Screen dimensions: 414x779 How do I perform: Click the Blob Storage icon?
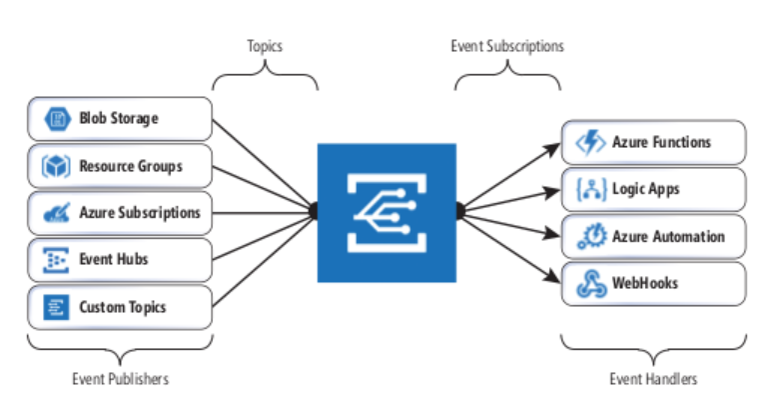click(55, 119)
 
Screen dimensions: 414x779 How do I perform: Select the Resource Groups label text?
click(131, 166)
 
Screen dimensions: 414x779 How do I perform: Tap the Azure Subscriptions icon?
click(55, 213)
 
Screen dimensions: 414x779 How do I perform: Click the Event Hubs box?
click(120, 260)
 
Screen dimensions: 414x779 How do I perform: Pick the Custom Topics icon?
click(55, 307)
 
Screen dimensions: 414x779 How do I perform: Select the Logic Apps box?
click(653, 189)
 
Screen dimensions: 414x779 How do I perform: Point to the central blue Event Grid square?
click(387, 212)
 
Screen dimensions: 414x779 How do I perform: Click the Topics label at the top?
click(265, 47)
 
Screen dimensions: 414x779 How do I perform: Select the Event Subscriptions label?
click(507, 47)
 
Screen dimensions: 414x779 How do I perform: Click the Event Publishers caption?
click(120, 379)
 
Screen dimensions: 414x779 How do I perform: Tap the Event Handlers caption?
click(653, 379)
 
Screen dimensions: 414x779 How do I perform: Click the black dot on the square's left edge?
click(315, 211)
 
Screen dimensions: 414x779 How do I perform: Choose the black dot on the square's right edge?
click(459, 211)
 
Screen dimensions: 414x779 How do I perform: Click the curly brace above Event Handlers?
click(653, 346)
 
